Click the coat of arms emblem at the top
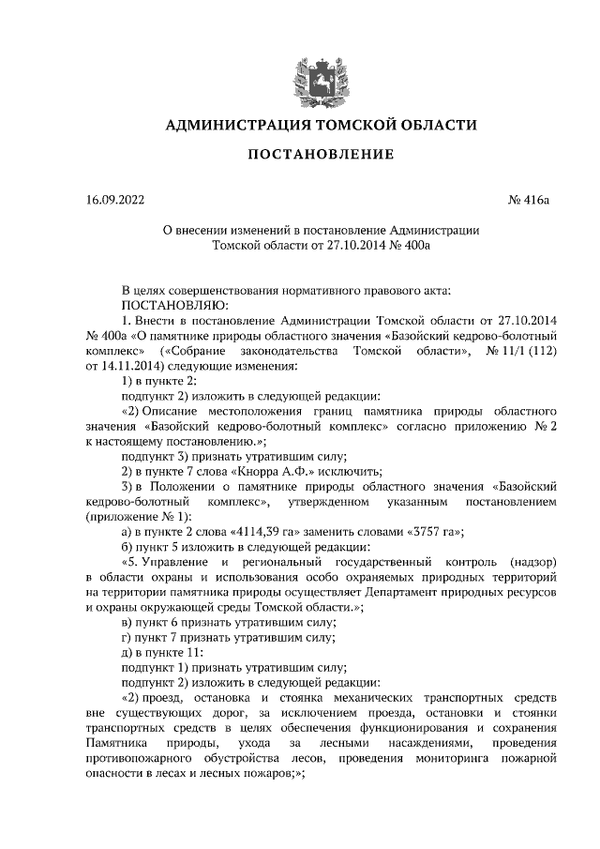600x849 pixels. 299,75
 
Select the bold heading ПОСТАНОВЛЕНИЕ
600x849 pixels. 300,153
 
